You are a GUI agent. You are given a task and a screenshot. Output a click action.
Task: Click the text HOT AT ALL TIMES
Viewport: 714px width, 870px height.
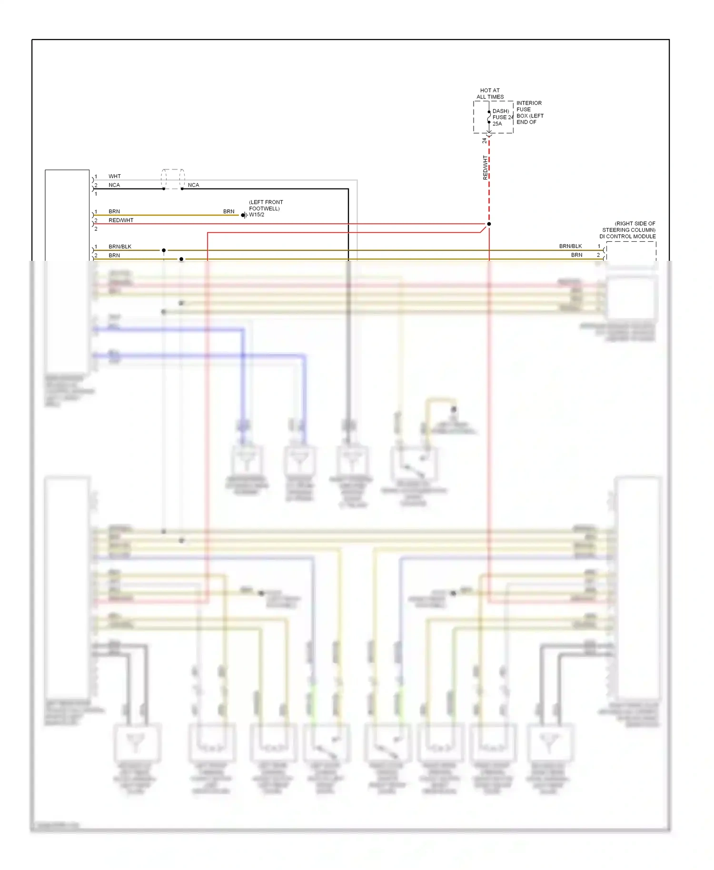(x=490, y=93)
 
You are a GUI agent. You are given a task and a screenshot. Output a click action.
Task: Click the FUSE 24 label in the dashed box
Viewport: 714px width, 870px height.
(x=503, y=117)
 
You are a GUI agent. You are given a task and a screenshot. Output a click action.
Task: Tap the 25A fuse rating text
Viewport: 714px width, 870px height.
(x=497, y=124)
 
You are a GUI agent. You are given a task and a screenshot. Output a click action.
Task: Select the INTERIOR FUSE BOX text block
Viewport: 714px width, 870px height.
(x=529, y=112)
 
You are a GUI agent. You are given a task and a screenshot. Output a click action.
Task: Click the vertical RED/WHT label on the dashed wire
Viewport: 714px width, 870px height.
(x=485, y=168)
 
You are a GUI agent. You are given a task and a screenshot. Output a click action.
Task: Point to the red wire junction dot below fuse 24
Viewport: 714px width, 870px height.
(x=489, y=224)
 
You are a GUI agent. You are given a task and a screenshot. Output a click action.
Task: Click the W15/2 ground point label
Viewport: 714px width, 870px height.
(x=257, y=215)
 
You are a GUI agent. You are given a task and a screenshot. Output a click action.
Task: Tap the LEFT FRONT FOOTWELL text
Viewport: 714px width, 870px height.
(x=266, y=205)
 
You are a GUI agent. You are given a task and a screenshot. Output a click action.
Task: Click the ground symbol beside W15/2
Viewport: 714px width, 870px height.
(x=244, y=215)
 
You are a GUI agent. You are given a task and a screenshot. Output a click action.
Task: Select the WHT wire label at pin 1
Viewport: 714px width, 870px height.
(x=114, y=176)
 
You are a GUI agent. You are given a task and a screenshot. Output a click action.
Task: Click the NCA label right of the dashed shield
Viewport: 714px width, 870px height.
(x=193, y=185)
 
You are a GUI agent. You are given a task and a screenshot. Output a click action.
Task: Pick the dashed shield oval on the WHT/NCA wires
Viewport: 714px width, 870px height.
(x=172, y=179)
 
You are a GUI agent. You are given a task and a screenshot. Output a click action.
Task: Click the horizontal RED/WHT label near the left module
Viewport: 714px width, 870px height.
(x=121, y=220)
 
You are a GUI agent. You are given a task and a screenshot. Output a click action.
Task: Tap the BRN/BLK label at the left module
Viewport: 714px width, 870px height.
(x=119, y=247)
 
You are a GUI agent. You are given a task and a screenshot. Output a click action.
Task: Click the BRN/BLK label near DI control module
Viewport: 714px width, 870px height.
(x=570, y=246)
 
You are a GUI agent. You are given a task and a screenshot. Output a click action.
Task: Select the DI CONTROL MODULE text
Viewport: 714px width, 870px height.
(x=627, y=237)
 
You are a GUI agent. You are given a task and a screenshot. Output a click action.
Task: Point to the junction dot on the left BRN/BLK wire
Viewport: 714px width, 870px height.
(x=164, y=250)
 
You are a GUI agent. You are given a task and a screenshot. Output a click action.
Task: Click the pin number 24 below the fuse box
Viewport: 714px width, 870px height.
(x=484, y=140)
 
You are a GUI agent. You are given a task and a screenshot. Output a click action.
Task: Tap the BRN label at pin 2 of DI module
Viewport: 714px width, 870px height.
(x=576, y=255)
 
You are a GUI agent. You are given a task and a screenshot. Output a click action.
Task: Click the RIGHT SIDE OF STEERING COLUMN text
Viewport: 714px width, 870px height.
(x=629, y=227)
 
